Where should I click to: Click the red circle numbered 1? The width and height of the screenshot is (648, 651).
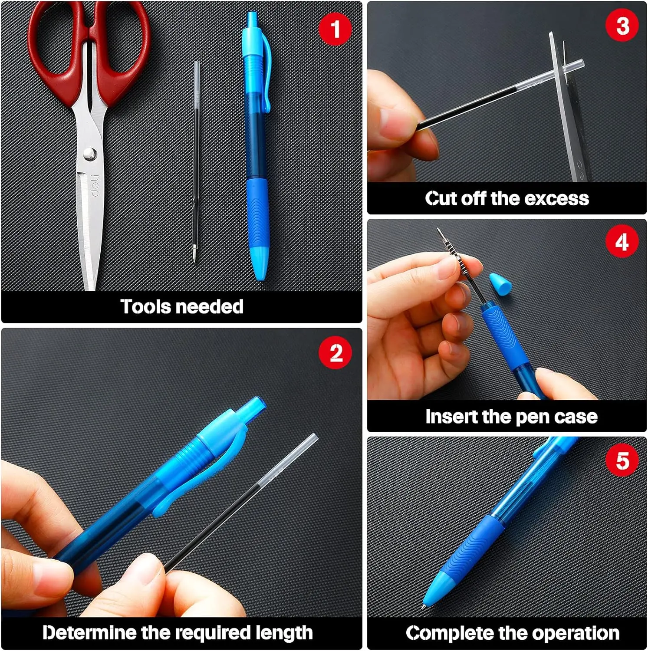coord(335,29)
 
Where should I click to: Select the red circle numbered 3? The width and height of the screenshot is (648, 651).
coord(622,25)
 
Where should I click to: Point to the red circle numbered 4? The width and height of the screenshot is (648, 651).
coord(622,241)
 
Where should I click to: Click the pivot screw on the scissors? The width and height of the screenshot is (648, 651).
coord(90,153)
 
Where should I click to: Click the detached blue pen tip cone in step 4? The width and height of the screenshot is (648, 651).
coord(500,284)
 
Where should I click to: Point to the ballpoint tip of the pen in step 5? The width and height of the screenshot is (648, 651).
coord(424,608)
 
